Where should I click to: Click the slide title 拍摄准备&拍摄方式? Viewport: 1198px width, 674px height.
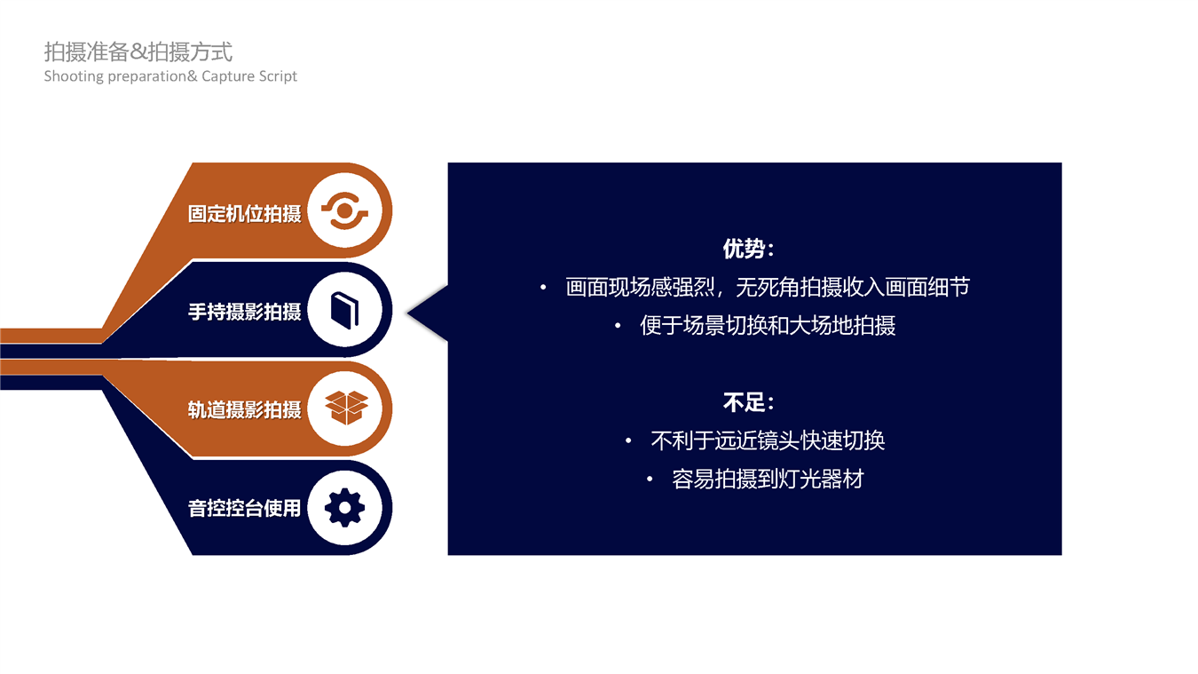pos(138,52)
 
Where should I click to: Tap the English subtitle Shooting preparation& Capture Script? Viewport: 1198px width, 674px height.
pos(170,76)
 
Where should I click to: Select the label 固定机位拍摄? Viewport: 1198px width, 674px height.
pos(244,214)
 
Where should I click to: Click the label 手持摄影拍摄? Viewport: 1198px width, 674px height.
pos(244,312)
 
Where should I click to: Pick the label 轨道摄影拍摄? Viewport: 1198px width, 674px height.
pos(244,409)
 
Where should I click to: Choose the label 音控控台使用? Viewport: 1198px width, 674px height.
pos(244,508)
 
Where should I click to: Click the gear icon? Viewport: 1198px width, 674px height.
pos(345,508)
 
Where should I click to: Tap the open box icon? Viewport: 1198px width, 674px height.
pos(347,408)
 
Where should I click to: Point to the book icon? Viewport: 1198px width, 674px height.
pos(344,311)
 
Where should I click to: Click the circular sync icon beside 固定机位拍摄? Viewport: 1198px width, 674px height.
pos(345,211)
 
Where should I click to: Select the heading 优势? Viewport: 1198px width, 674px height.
pos(748,249)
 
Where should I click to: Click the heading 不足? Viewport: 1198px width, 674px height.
pos(748,402)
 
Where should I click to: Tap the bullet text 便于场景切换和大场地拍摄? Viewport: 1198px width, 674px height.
pos(768,326)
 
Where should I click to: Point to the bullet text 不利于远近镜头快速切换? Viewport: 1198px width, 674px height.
pos(768,440)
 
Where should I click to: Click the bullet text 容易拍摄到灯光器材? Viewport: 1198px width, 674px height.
pos(768,480)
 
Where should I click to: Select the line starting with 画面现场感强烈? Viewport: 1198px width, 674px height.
pos(768,287)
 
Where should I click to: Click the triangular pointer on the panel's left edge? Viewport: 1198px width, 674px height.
pos(428,313)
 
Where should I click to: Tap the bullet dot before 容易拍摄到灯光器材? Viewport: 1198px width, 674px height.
pos(650,480)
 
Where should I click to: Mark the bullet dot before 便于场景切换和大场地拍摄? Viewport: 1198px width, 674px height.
pos(618,326)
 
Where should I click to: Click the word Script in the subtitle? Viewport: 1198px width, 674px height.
pos(277,76)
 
